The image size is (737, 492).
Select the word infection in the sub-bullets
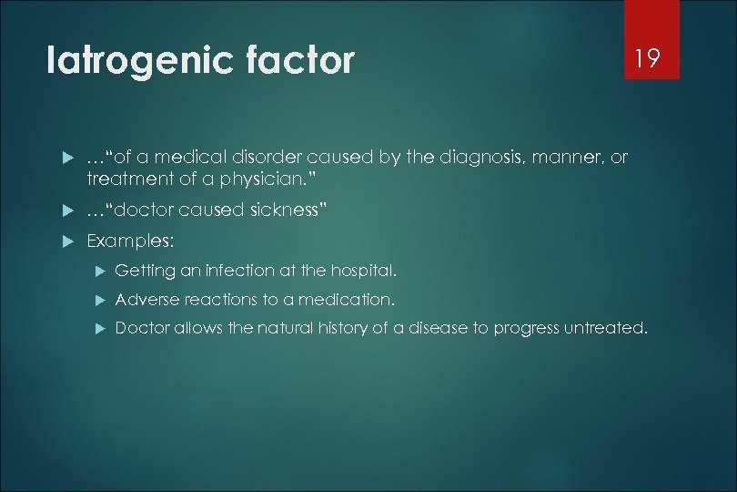coord(241,271)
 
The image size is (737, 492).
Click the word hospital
coord(363,271)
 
